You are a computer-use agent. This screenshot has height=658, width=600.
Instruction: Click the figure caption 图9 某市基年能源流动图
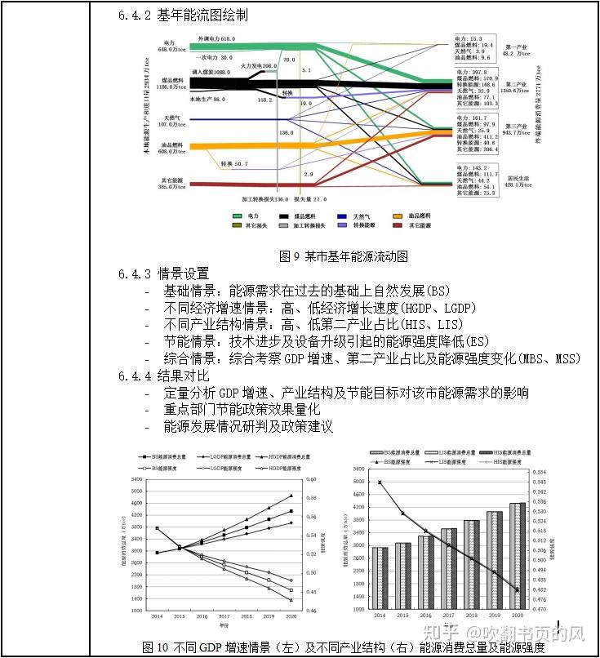click(x=343, y=256)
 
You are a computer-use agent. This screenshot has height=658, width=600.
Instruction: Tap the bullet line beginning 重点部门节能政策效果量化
click(x=242, y=410)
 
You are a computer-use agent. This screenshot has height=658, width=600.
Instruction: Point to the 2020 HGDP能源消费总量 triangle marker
click(x=291, y=496)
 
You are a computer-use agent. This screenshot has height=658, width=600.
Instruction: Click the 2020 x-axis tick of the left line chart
click(x=291, y=617)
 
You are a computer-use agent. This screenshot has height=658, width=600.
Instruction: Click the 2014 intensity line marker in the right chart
click(x=380, y=482)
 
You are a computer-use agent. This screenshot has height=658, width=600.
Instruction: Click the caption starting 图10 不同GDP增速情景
click(x=343, y=647)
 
